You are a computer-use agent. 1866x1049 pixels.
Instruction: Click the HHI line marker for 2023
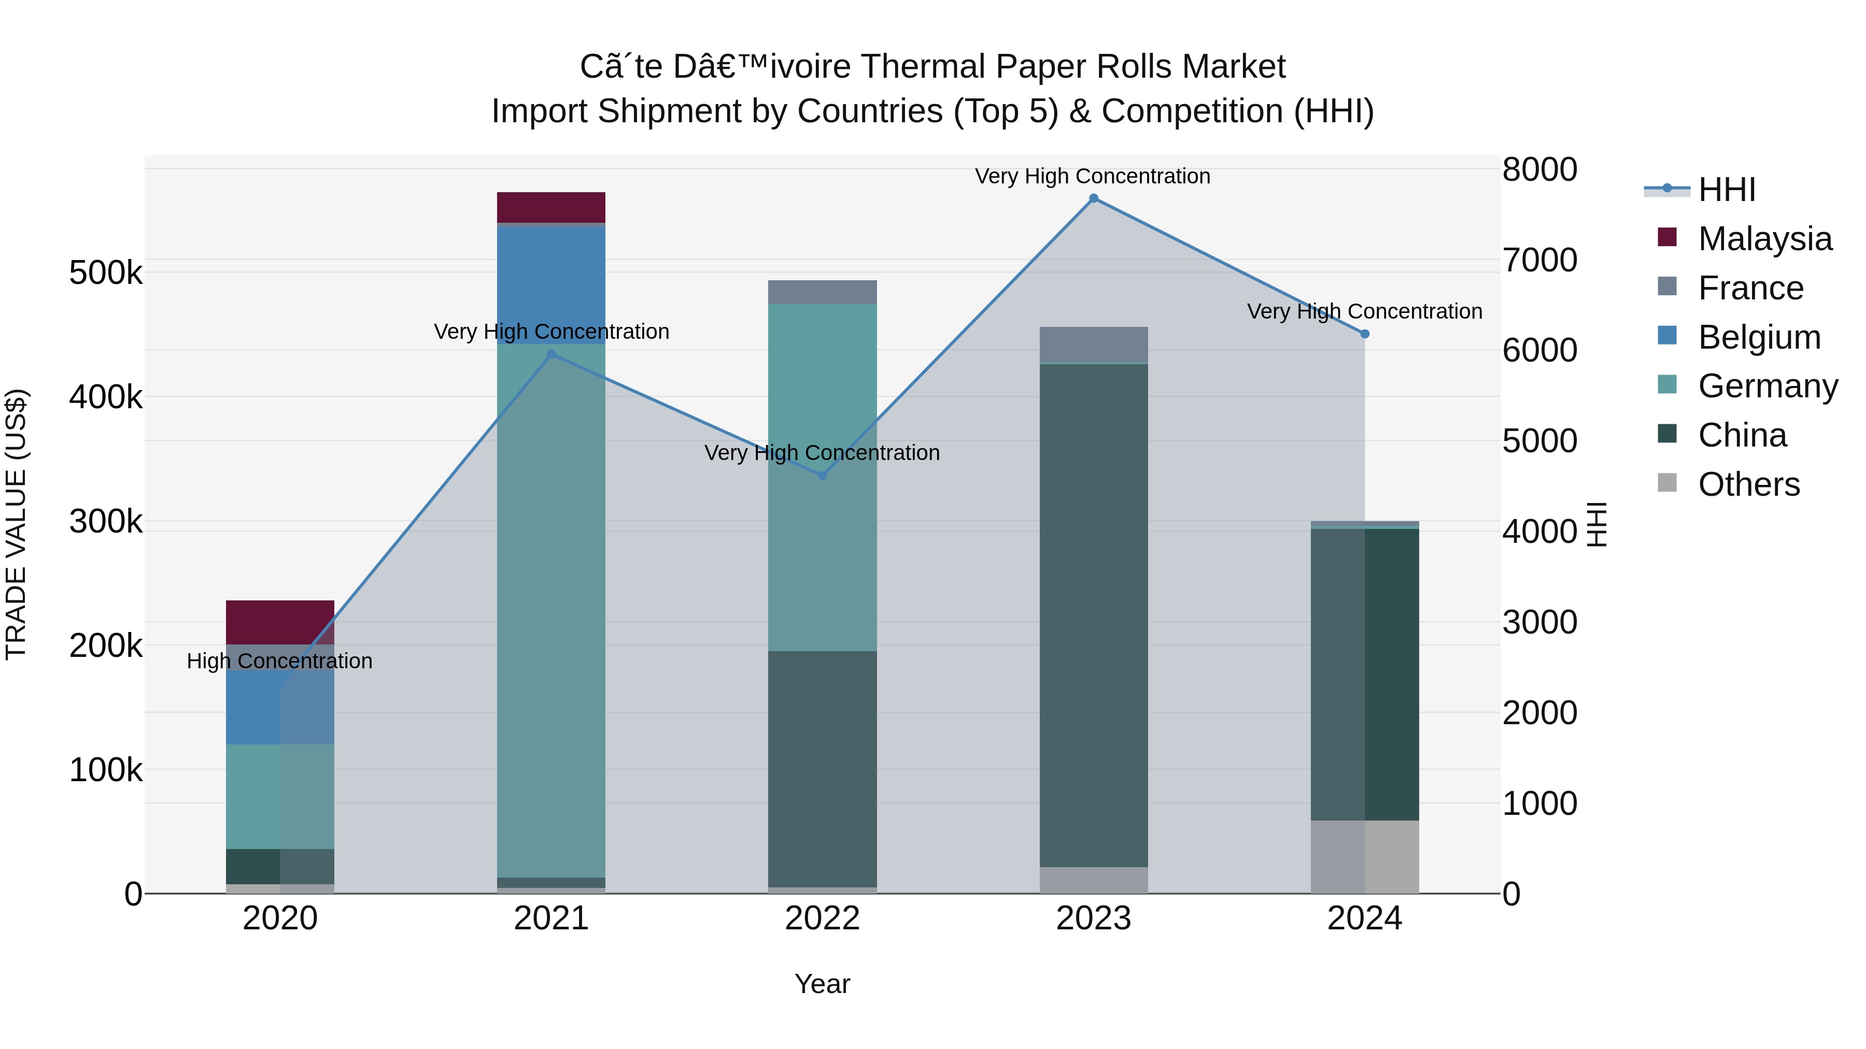pos(1093,198)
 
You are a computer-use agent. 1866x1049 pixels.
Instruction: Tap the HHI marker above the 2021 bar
pos(552,354)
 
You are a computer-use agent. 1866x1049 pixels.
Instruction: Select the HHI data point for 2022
pos(822,476)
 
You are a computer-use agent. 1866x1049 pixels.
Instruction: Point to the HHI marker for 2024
pos(1365,334)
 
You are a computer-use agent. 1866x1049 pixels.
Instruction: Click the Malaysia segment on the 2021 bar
pos(552,207)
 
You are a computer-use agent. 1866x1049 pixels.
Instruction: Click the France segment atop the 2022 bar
pos(822,292)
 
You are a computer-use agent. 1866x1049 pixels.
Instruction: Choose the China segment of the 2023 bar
pos(1093,615)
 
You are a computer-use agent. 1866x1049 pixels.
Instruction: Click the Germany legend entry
pos(1768,386)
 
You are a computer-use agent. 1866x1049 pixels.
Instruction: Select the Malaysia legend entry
pos(1764,239)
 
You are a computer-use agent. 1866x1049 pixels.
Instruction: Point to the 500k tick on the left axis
pos(106,273)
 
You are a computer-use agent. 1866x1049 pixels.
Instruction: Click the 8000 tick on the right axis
pos(1539,169)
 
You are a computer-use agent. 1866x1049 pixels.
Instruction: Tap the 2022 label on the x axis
pos(822,918)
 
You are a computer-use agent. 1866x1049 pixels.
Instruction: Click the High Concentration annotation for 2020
pos(279,661)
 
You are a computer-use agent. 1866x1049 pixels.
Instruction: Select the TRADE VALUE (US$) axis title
pos(16,524)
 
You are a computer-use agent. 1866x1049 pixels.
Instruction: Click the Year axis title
pos(822,984)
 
